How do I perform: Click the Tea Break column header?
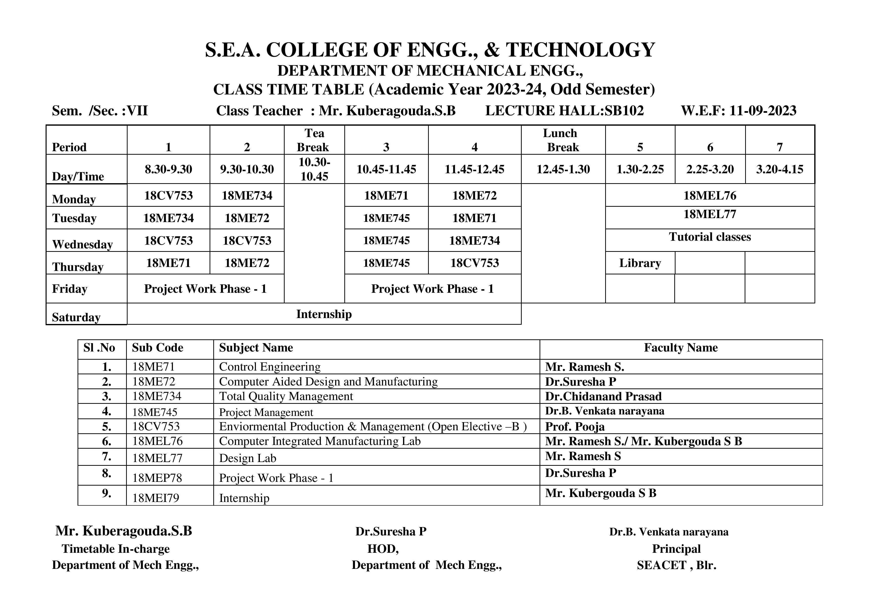coord(314,140)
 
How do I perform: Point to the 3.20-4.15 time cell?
coord(779,169)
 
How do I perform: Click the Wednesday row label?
coord(82,244)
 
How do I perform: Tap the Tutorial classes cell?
coord(710,237)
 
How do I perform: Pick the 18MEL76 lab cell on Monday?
coord(710,195)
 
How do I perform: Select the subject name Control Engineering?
coord(270,367)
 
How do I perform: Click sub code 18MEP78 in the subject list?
coord(157,478)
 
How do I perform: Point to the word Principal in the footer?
coord(676,549)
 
